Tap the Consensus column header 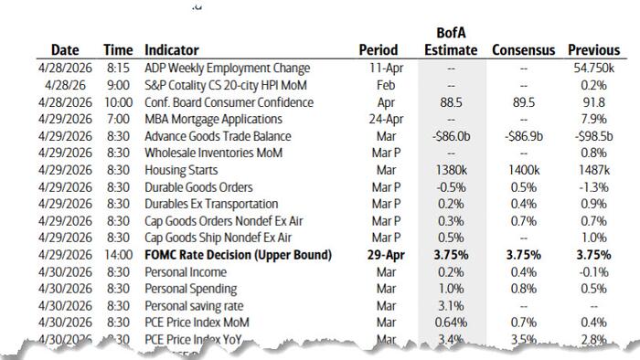pyautogui.click(x=523, y=50)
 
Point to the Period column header pyautogui.click(x=378, y=50)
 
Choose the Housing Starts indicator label pyautogui.click(x=179, y=170)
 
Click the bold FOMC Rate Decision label pyautogui.click(x=238, y=254)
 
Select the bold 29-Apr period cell pyautogui.click(x=378, y=254)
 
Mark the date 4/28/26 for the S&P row pyautogui.click(x=64, y=85)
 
